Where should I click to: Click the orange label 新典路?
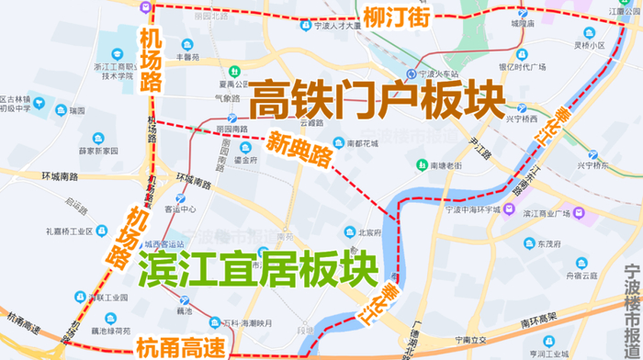coord(299,149)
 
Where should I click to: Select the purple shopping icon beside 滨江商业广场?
coord(579,215)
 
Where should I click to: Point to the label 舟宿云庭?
coord(563,273)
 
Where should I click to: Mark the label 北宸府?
coord(369,233)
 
